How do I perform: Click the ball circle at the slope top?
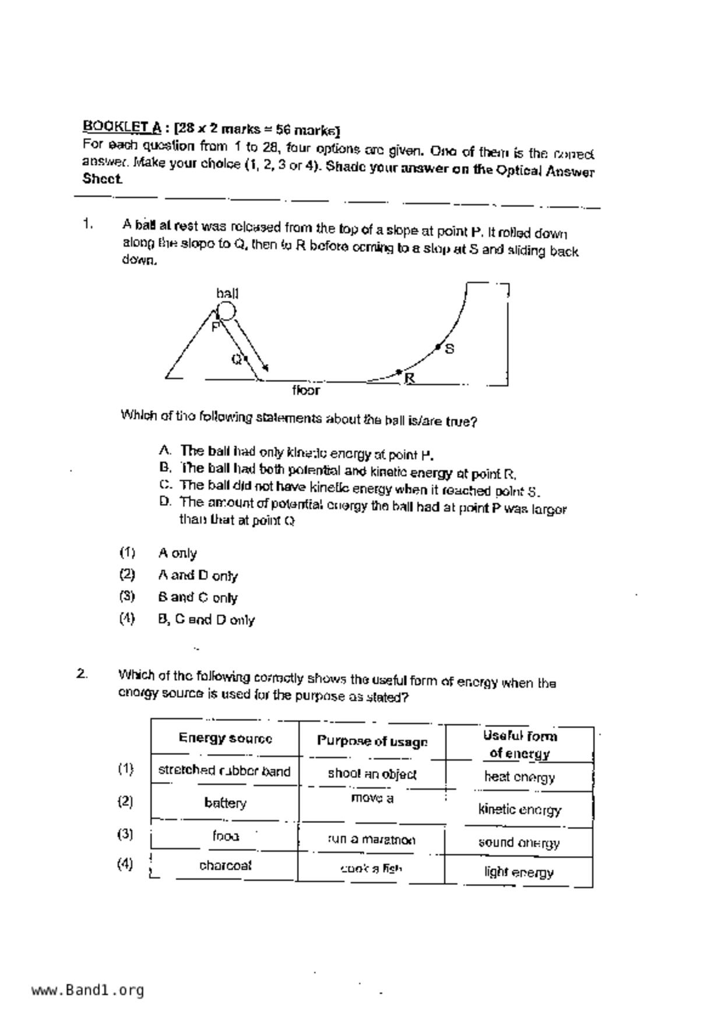point(226,311)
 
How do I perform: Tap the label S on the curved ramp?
point(449,349)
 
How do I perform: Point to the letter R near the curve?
point(410,378)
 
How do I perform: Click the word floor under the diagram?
point(306,390)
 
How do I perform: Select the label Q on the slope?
point(237,359)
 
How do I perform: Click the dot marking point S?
point(438,347)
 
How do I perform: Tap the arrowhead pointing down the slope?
point(265,367)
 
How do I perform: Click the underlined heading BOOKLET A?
point(122,127)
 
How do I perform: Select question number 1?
point(88,224)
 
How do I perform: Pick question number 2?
point(82,674)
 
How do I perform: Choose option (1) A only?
point(177,553)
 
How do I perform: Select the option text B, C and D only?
point(206,619)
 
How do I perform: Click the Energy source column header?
point(225,738)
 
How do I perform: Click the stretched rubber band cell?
point(224,771)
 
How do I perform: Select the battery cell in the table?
point(225,803)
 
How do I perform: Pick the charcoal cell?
point(225,866)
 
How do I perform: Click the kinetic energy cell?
point(519,810)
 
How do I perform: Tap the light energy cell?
point(519,873)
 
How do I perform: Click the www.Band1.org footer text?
point(87,990)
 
